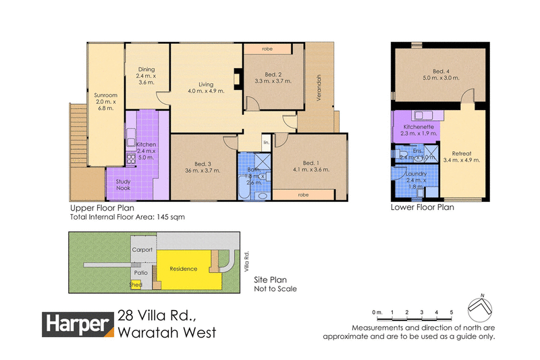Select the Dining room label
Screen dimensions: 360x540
point(146,69)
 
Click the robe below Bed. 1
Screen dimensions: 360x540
point(304,195)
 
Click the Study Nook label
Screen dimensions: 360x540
point(125,185)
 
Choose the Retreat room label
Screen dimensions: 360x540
point(461,153)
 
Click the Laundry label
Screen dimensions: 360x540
point(416,174)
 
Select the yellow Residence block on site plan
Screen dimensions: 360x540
point(184,269)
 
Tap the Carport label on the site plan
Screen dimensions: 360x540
point(142,250)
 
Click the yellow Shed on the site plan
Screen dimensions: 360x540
point(136,284)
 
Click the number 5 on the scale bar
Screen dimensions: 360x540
point(451,312)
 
